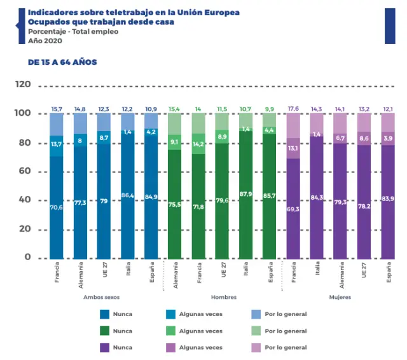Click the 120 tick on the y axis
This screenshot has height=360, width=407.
point(23,84)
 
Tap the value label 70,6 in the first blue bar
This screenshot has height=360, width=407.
point(57,207)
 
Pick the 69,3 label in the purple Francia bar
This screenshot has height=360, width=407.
point(293,209)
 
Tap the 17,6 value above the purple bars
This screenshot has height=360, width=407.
point(293,109)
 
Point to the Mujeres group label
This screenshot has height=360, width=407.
point(339,297)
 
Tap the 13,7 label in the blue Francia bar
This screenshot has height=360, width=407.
point(57,145)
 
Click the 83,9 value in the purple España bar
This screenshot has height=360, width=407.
point(387,198)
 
